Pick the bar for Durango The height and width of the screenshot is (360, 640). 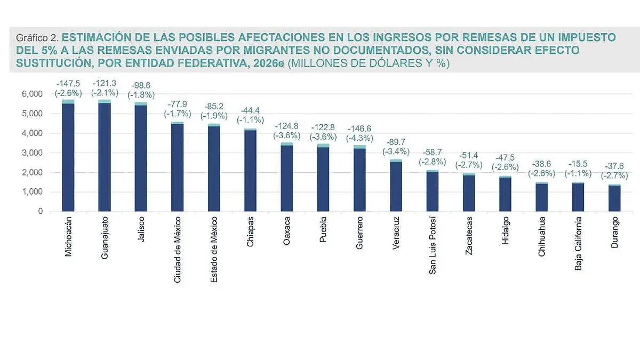click(x=614, y=198)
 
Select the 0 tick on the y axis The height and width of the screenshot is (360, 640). click(x=39, y=212)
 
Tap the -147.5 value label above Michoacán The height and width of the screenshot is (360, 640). click(x=68, y=84)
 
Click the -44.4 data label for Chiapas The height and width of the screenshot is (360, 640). click(x=250, y=110)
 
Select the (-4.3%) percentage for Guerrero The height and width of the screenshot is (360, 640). click(x=359, y=138)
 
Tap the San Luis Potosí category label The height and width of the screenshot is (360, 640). click(x=432, y=245)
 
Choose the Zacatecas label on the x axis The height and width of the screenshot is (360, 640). click(x=468, y=236)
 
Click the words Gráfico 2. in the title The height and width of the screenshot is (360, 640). click(x=37, y=38)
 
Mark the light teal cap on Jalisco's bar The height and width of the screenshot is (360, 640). click(x=141, y=104)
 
